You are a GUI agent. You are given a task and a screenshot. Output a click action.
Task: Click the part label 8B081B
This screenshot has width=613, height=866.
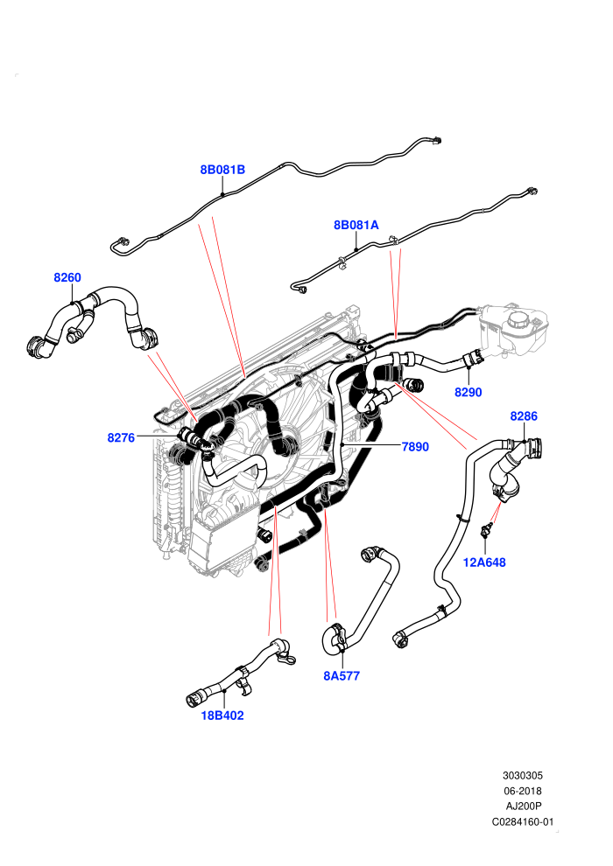222,170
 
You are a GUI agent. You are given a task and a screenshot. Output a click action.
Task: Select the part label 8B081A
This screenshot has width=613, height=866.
356,225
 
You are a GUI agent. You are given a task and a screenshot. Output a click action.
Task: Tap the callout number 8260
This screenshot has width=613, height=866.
67,277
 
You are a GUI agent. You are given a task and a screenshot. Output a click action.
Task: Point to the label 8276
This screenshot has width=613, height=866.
121,437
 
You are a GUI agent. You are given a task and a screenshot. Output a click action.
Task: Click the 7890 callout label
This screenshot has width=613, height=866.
415,446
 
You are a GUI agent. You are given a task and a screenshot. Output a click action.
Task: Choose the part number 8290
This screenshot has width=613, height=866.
469,392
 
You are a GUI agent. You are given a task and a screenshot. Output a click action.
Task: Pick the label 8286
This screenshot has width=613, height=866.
524,416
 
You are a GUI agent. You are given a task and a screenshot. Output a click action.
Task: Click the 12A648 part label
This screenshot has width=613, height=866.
484,562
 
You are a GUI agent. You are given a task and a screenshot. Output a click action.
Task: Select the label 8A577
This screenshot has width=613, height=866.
342,675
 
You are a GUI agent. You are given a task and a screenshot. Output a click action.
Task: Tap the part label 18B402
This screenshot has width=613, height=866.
222,716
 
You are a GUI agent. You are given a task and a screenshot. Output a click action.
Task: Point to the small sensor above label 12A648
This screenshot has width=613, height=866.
485,529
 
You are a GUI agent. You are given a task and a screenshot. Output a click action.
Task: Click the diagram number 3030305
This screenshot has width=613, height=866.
523,775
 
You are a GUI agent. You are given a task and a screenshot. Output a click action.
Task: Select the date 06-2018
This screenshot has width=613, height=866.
523,791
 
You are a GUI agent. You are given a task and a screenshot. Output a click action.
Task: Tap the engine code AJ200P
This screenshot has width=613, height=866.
523,807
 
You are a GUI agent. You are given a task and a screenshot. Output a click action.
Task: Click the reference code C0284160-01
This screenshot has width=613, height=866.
523,821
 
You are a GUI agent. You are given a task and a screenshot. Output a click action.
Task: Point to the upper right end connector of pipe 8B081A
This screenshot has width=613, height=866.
532,192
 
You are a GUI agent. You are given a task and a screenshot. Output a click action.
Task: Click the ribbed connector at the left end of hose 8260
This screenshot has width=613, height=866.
37,346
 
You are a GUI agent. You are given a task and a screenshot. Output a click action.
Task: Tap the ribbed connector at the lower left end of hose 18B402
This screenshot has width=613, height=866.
194,698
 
